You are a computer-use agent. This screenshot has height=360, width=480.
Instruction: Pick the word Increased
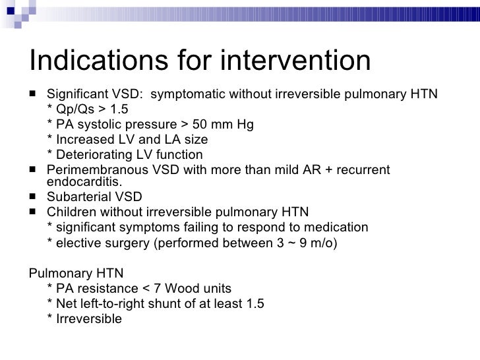click(84, 140)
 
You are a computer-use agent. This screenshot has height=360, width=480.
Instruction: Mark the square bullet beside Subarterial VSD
click(34, 196)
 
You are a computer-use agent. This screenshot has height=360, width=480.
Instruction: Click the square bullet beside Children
click(34, 212)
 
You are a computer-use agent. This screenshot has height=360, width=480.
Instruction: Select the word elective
click(77, 243)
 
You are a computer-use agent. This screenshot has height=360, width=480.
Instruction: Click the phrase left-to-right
click(113, 303)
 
